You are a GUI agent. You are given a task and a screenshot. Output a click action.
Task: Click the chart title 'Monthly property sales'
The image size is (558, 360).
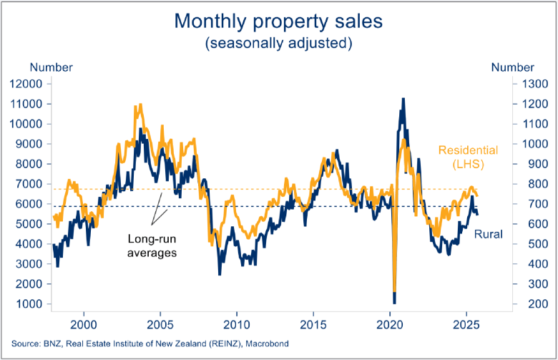278,21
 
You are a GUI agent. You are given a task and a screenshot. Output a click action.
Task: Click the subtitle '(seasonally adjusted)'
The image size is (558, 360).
278,44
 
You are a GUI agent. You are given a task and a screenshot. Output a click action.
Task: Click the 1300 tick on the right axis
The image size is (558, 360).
529,84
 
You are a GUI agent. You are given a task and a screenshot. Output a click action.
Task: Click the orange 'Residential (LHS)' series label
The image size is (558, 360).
467,158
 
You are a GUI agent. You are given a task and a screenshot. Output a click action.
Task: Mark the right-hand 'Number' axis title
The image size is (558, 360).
511,67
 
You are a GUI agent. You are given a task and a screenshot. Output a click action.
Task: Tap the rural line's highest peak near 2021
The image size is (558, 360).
403,99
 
